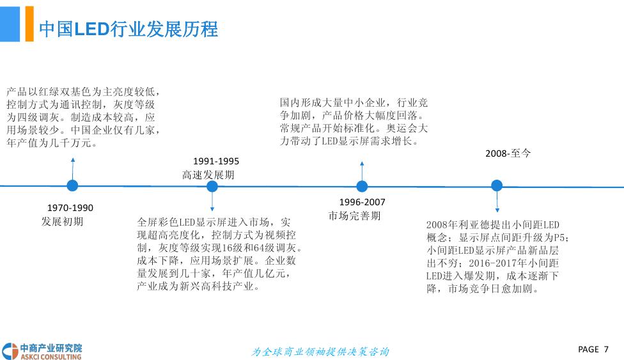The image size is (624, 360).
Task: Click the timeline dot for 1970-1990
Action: [x=72, y=185]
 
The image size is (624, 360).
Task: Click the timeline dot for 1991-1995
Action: [x=212, y=186]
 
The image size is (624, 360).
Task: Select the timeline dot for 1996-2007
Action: [x=362, y=186]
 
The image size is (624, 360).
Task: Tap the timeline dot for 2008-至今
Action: [x=497, y=185]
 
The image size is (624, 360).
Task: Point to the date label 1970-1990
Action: [x=70, y=208]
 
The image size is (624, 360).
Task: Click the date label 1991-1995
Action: [x=216, y=161]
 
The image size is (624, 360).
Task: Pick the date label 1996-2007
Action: [x=362, y=202]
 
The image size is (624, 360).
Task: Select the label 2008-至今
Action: [x=508, y=153]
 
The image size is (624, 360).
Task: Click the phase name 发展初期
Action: [x=63, y=221]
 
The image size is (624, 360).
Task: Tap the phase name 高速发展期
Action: [x=208, y=175]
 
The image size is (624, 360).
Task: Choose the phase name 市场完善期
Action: [x=354, y=216]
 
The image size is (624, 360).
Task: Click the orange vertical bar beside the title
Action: [x=29, y=24]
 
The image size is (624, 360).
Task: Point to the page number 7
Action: [x=606, y=349]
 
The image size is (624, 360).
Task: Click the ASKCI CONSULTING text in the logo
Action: [x=51, y=357]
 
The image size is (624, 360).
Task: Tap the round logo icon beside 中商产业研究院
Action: [x=10, y=352]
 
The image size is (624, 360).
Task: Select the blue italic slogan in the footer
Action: [x=320, y=352]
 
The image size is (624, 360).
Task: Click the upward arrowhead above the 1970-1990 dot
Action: [x=73, y=160]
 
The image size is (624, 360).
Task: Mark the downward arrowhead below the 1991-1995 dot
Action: [x=212, y=209]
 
